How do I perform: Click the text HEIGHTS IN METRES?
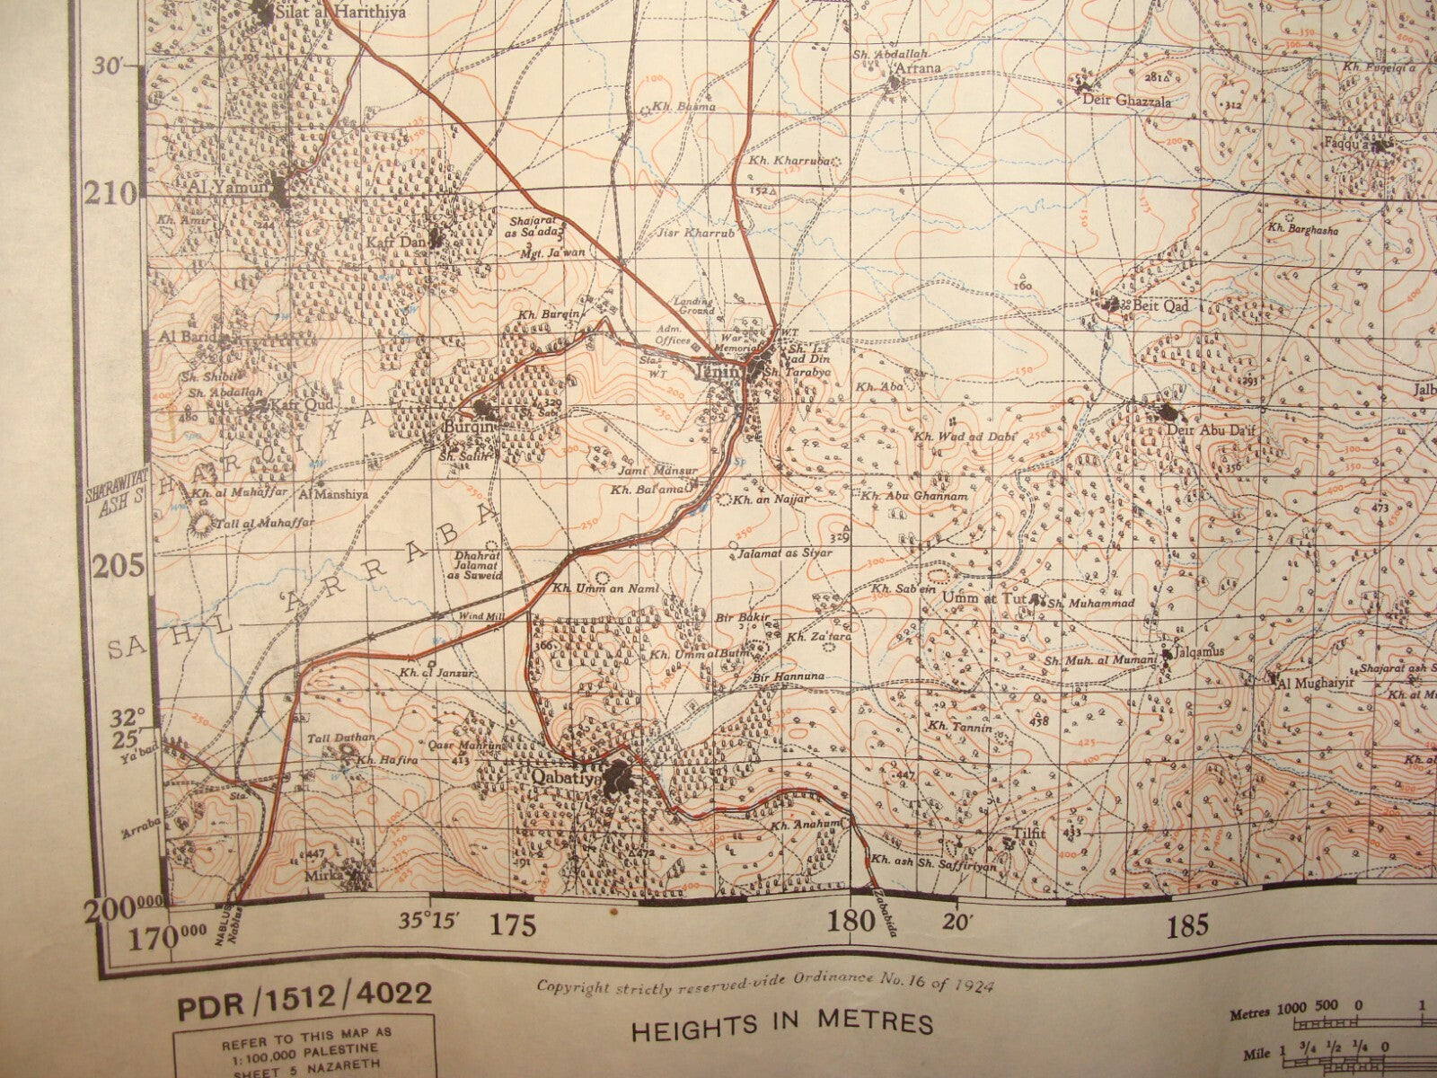coord(782,1024)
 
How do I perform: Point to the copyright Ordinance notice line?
coord(764,986)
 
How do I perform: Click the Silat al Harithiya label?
coord(329,13)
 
